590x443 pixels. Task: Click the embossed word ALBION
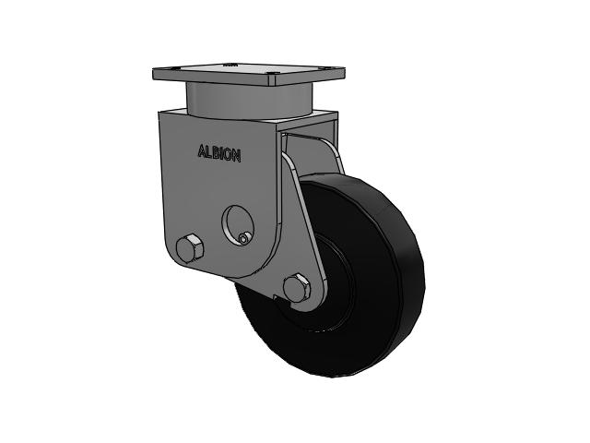tap(219, 154)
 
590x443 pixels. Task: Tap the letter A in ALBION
tap(202, 151)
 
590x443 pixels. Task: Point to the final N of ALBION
tap(237, 156)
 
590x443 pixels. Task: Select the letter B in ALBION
tap(216, 153)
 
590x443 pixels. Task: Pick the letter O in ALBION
tap(228, 155)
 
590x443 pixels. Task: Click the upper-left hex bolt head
tap(190, 248)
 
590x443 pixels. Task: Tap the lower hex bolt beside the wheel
tap(297, 287)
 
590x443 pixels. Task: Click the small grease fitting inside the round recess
tap(244, 238)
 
